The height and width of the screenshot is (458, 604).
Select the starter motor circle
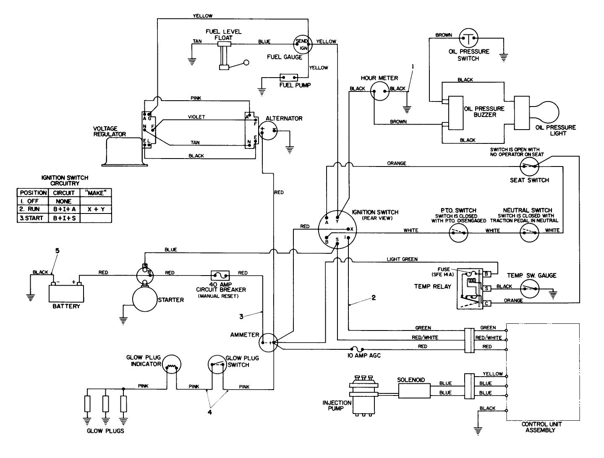pyautogui.click(x=144, y=300)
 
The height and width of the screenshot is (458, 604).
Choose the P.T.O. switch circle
pyautogui.click(x=459, y=232)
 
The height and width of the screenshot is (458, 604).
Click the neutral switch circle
pyautogui.click(x=529, y=232)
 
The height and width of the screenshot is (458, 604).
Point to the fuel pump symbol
pyautogui.click(x=289, y=78)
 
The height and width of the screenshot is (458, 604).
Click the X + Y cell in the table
pyautogui.click(x=96, y=208)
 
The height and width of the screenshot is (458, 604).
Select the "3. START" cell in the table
pyautogui.click(x=32, y=218)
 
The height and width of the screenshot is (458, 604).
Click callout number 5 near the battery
pyautogui.click(x=58, y=251)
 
